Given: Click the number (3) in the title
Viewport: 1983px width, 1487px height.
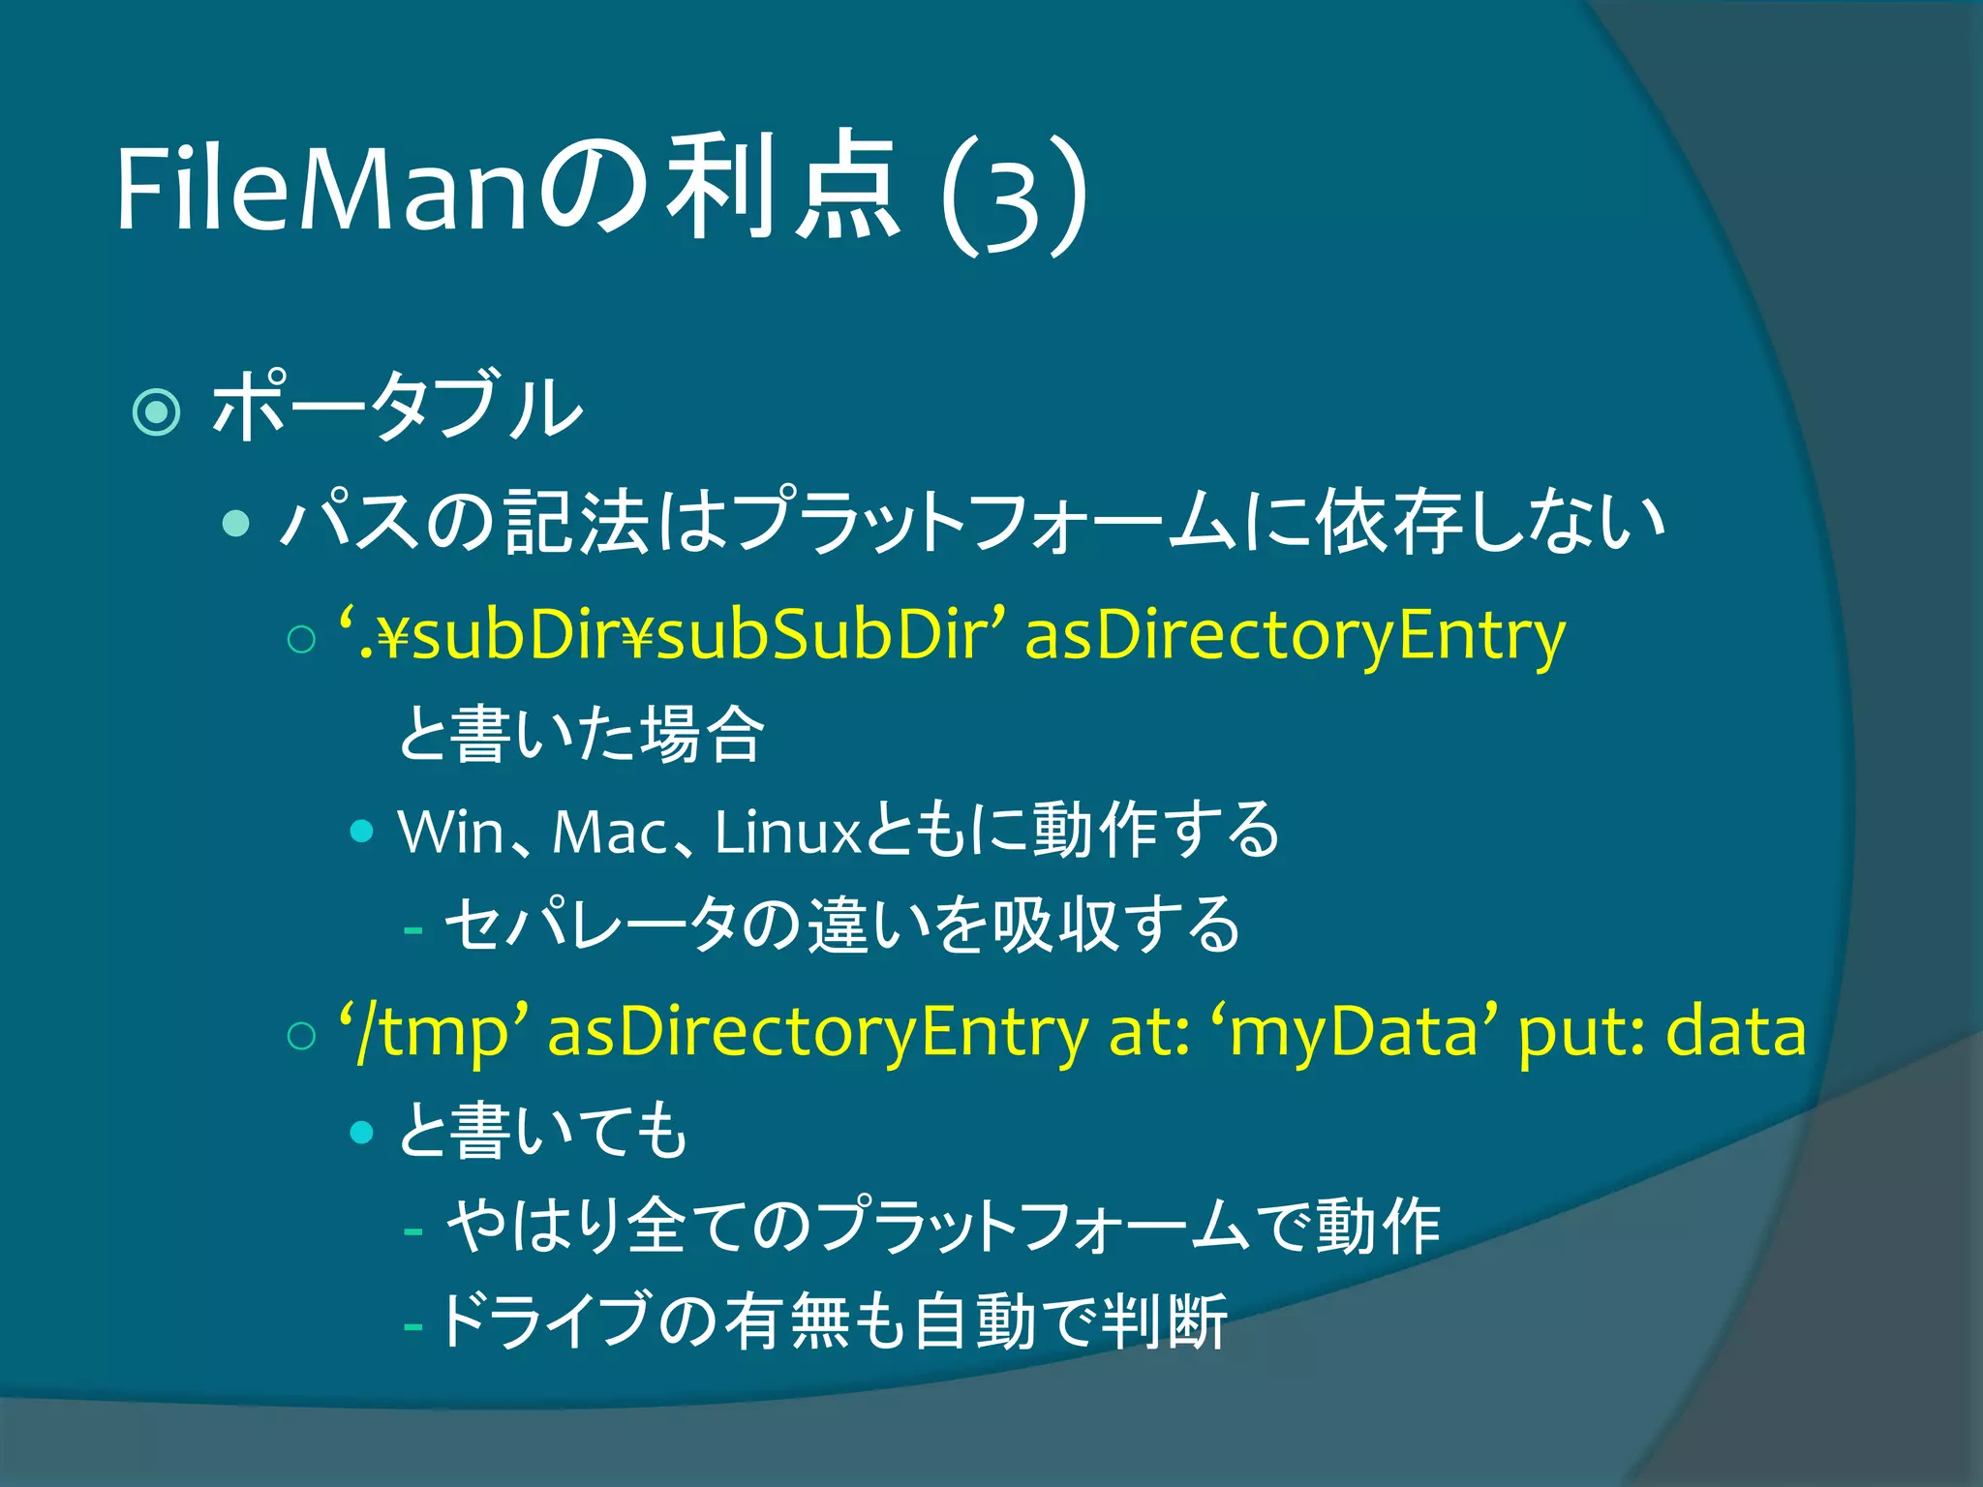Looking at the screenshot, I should click(x=1014, y=197).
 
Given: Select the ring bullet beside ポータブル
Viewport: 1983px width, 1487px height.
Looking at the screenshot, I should click(x=156, y=411).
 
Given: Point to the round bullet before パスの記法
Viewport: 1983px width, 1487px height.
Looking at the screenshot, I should click(x=235, y=524).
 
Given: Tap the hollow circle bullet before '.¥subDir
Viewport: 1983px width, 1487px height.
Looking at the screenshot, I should click(x=302, y=640).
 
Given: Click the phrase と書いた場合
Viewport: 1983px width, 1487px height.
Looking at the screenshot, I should click(x=581, y=734).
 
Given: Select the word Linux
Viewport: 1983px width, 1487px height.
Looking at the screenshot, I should click(x=786, y=831).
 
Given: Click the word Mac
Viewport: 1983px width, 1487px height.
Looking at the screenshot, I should click(x=610, y=831).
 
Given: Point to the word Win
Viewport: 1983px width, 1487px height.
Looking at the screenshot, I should click(x=451, y=831).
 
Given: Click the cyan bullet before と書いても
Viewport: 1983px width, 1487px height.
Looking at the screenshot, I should click(x=362, y=1131).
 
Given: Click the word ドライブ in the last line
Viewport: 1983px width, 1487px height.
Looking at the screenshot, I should click(x=543, y=1320).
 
